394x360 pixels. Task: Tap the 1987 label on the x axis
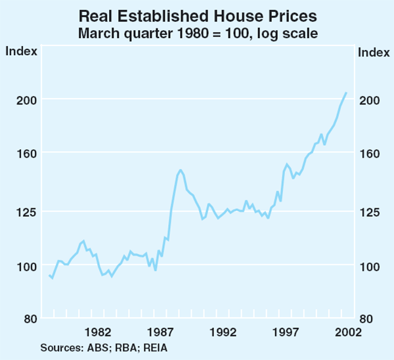coord(161,332)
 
